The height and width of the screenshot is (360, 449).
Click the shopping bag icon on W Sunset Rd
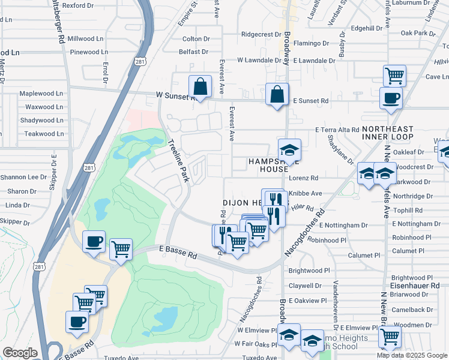pos(200,87)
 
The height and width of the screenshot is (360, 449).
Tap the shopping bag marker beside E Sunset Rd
pos(276,95)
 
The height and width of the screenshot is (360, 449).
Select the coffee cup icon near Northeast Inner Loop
pos(391,98)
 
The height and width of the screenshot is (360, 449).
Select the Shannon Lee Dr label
pos(23,177)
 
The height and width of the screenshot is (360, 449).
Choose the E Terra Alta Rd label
pos(337,130)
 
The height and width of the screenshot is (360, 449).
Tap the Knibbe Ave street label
pos(306,193)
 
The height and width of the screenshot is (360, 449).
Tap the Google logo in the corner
pos(20,353)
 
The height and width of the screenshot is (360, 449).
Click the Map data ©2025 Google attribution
pos(411,355)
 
